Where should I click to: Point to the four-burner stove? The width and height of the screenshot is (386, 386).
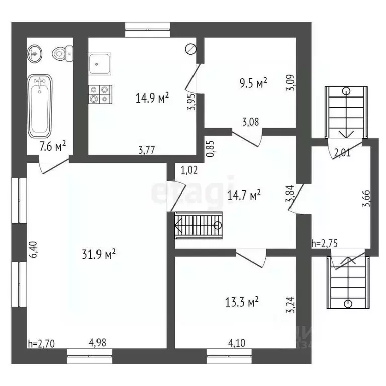99,94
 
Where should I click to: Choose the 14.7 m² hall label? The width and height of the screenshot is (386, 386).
245,195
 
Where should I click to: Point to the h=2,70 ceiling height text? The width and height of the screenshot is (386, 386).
41,344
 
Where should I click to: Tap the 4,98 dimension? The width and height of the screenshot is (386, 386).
98,344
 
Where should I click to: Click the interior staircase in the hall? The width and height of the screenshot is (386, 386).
199,225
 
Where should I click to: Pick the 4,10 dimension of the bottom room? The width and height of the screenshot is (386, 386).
237,344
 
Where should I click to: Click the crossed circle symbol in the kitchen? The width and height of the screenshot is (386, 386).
190,49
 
